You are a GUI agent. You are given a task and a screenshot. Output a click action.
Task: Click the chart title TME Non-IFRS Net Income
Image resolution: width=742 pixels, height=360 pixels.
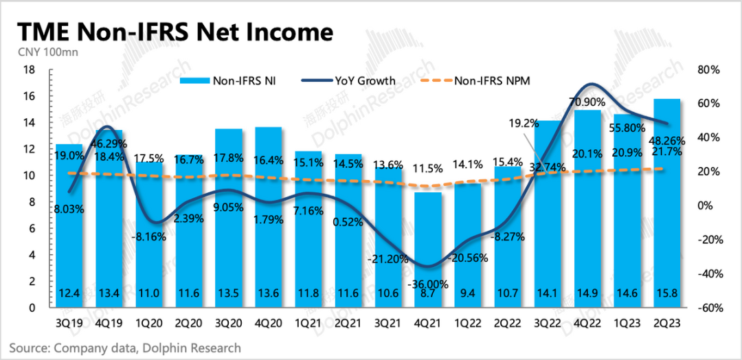point(175,32)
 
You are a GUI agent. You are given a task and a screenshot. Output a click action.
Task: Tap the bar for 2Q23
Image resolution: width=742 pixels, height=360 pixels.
point(666,206)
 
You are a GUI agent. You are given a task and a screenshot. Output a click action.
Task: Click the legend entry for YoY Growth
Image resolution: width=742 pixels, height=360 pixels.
point(364,80)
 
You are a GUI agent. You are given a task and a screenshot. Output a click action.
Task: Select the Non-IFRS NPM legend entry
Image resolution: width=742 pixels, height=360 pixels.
point(492,80)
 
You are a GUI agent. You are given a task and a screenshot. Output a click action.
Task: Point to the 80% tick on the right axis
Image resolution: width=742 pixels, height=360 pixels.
point(707,69)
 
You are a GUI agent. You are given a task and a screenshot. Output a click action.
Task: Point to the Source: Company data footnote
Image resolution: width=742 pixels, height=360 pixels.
point(125,348)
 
